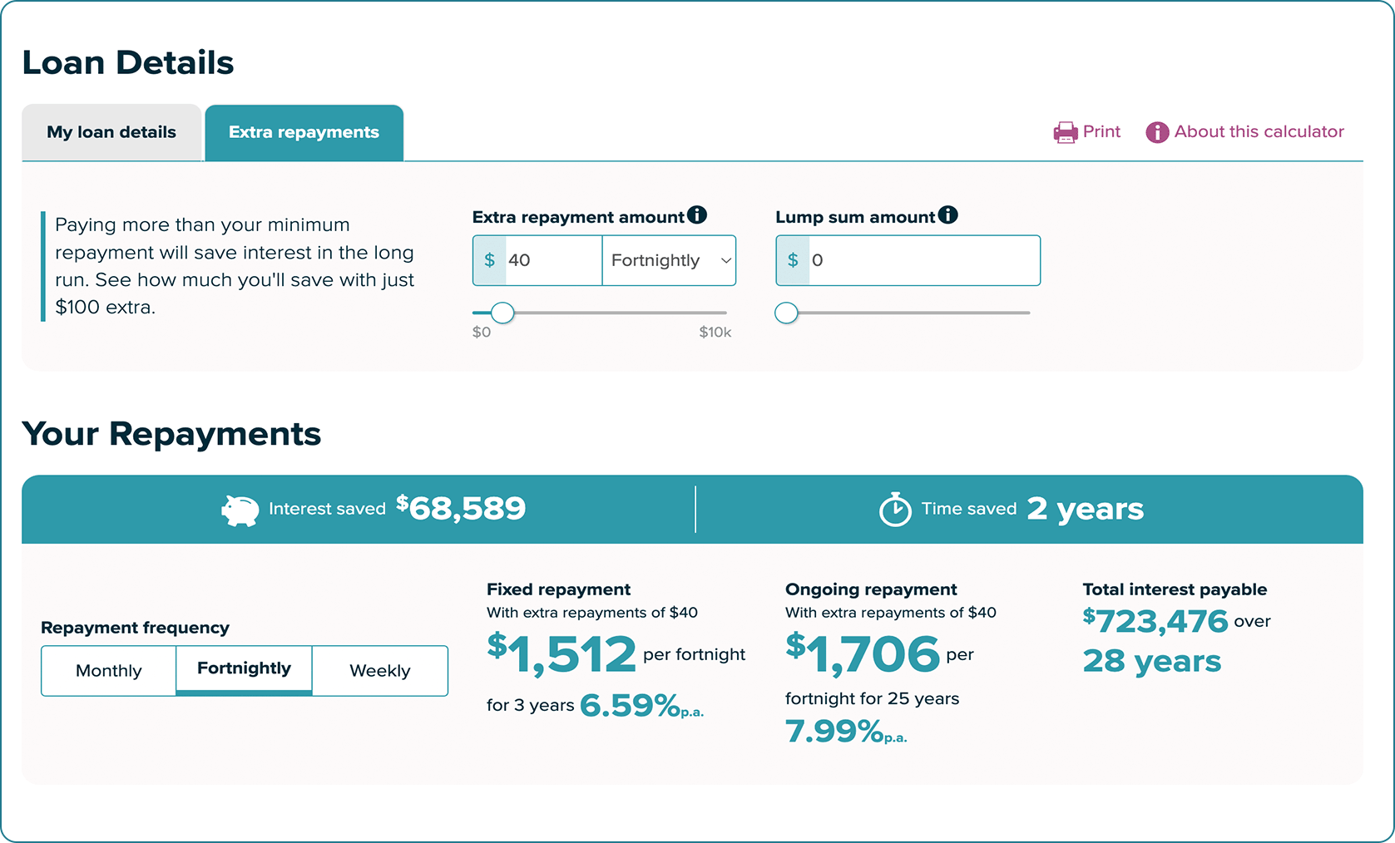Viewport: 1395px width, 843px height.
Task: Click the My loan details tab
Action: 111,133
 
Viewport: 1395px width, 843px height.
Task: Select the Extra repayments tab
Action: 304,133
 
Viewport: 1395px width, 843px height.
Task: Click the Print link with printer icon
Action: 1087,132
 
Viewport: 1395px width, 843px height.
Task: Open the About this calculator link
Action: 1245,132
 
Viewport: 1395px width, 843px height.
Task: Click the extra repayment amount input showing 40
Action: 552,260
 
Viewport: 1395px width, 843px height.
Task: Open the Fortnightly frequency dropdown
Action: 669,260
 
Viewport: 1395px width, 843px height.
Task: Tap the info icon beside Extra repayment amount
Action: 697,215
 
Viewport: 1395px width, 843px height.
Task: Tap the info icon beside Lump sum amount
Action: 947,215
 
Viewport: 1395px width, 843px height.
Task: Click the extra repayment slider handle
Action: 502,313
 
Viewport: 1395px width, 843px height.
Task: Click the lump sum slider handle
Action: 786,313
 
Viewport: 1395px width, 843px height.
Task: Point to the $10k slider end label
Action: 715,333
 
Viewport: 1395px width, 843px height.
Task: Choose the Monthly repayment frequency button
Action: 109,671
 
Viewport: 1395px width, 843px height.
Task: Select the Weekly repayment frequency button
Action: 380,671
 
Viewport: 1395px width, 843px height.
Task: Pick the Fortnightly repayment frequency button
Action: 244,669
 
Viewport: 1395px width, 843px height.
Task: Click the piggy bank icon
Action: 240,510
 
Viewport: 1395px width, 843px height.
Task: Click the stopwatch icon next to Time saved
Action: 895,510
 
